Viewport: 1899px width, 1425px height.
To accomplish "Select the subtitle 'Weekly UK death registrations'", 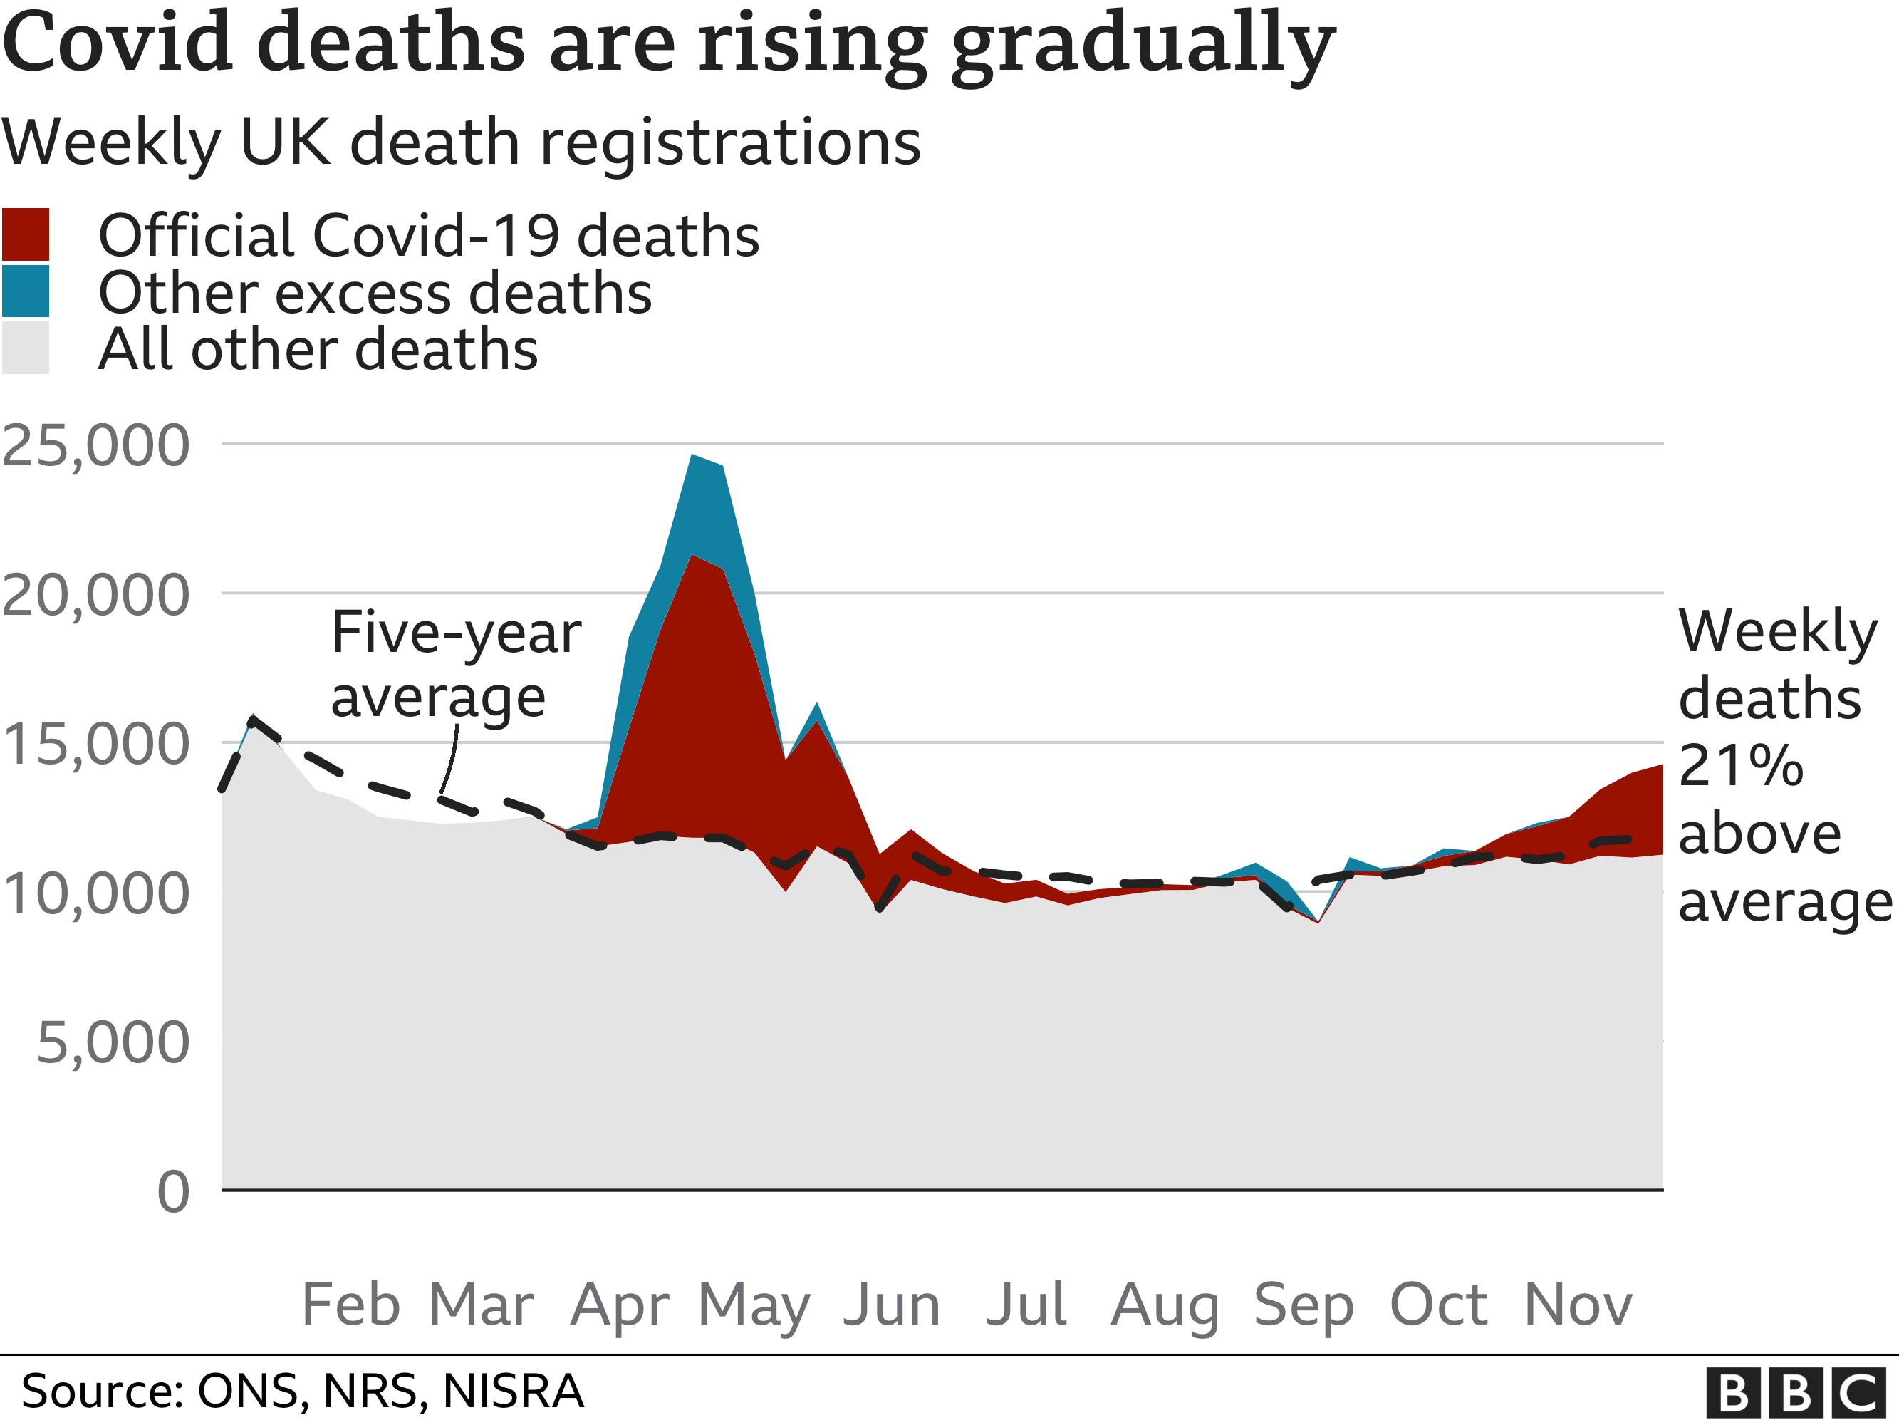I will (x=461, y=142).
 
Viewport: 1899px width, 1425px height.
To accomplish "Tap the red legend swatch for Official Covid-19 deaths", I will (x=26, y=234).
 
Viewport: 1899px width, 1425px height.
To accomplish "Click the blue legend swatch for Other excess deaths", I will (x=26, y=291).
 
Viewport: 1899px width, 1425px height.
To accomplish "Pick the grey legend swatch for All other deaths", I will (x=26, y=348).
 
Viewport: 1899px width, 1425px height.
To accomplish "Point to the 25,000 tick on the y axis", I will (x=96, y=446).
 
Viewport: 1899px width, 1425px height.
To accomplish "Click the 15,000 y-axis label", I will (x=96, y=744).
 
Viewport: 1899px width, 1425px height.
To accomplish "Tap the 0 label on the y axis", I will (x=173, y=1192).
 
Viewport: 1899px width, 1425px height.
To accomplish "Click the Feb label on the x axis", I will (x=351, y=1305).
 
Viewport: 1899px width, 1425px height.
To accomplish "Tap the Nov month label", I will (x=1578, y=1305).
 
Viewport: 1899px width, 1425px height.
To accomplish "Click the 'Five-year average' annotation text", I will (x=455, y=665).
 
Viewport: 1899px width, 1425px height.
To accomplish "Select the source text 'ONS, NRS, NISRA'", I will (x=390, y=1392).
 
